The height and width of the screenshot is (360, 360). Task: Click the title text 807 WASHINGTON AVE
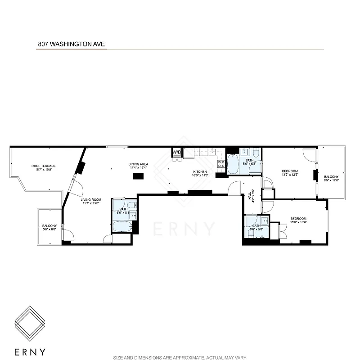click(x=71, y=45)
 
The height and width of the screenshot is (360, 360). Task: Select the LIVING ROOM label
click(x=91, y=201)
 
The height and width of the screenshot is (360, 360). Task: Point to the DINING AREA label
click(x=138, y=166)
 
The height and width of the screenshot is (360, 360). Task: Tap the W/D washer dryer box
click(x=176, y=153)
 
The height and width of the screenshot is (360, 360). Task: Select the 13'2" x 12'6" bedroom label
click(x=290, y=173)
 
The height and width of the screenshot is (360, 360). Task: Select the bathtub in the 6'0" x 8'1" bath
click(x=121, y=226)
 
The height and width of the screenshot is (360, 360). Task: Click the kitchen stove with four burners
click(x=221, y=163)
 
